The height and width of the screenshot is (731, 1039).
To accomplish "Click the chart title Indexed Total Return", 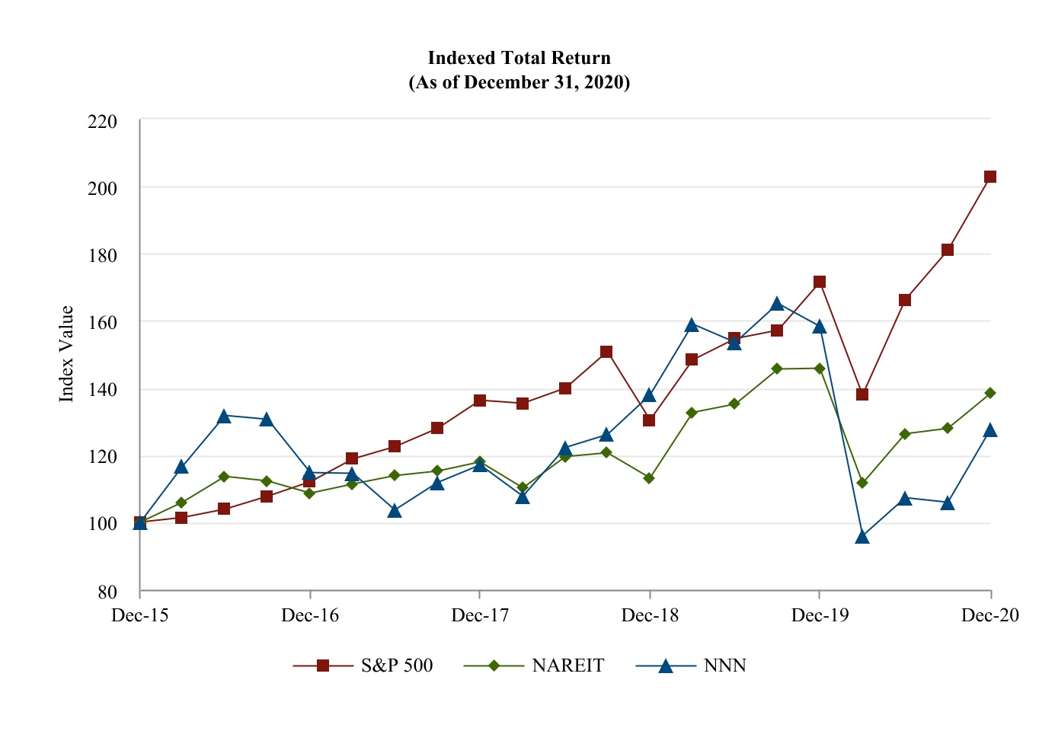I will pyautogui.click(x=519, y=58).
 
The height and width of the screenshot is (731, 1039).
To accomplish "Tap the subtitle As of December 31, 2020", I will pyautogui.click(x=519, y=82).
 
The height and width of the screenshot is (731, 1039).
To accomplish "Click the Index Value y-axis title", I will pyautogui.click(x=67, y=354).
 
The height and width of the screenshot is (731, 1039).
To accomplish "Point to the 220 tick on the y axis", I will pyautogui.click(x=103, y=121).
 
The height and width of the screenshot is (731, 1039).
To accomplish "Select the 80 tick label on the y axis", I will pyautogui.click(x=107, y=592).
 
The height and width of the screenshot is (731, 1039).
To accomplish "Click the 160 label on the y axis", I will pyautogui.click(x=103, y=323).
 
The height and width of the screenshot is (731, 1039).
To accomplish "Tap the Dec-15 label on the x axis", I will pyautogui.click(x=139, y=615).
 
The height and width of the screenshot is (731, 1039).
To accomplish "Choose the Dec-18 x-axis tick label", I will pyautogui.click(x=649, y=615).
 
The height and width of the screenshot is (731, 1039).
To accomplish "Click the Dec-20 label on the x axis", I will pyautogui.click(x=989, y=615).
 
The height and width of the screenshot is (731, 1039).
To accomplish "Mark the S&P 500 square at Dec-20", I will pyautogui.click(x=990, y=177).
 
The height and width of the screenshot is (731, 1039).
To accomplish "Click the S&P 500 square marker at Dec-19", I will pyautogui.click(x=820, y=282).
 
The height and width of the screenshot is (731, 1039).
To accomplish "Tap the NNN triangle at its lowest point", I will pyautogui.click(x=862, y=537).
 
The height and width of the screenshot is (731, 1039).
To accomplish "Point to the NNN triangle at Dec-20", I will pyautogui.click(x=990, y=430).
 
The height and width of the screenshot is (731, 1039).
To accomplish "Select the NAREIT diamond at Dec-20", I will pyautogui.click(x=990, y=393).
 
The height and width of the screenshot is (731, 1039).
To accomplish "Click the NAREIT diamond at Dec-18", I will pyautogui.click(x=649, y=478).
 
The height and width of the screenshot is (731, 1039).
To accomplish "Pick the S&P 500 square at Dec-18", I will pyautogui.click(x=649, y=420).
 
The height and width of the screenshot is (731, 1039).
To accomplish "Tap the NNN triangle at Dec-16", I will pyautogui.click(x=309, y=473).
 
